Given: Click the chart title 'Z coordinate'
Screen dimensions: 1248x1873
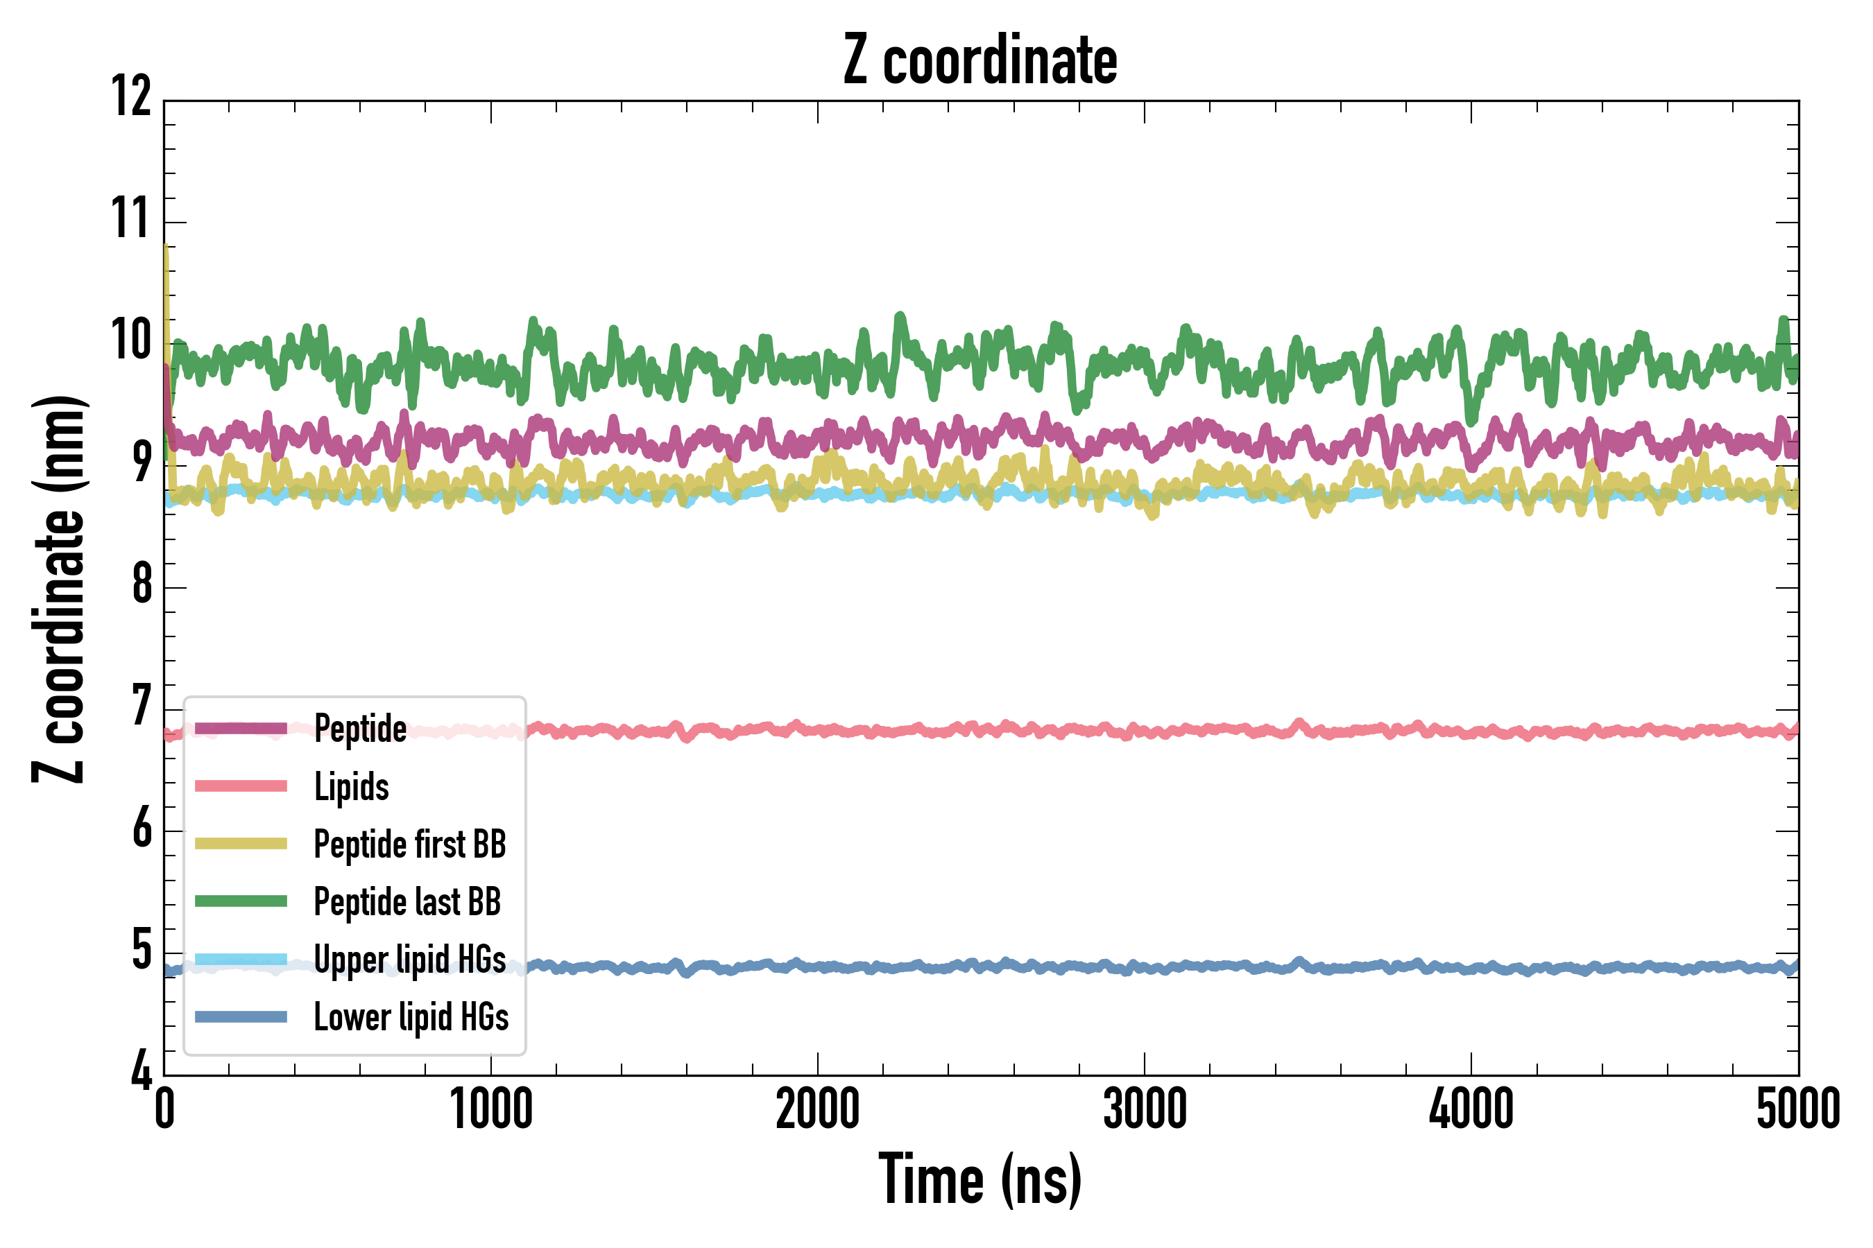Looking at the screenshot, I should click(x=980, y=60).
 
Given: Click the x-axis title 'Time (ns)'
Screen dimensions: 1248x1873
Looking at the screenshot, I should click(x=980, y=1179).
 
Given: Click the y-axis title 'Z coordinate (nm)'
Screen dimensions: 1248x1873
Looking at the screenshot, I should click(x=59, y=589).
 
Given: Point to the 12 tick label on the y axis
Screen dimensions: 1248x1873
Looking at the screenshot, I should click(x=131, y=96).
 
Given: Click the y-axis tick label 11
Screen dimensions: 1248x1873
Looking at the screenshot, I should click(x=131, y=218).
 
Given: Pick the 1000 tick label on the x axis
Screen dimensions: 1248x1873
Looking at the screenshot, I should click(x=491, y=1109).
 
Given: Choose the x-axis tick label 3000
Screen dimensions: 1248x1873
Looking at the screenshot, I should click(x=1145, y=1109).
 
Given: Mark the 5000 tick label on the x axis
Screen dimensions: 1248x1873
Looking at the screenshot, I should click(x=1798, y=1109).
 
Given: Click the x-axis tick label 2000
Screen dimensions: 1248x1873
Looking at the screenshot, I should click(x=818, y=1109).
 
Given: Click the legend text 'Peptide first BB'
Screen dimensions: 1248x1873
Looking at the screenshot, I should click(x=410, y=844).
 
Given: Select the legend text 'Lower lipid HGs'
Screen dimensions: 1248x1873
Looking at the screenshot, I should click(x=411, y=1017).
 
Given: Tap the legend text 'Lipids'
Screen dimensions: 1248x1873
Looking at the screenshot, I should click(x=351, y=786).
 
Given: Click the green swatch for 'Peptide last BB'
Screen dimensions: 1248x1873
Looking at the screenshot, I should click(x=241, y=901).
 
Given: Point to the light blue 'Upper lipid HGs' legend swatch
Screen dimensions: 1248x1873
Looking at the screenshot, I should click(x=241, y=959).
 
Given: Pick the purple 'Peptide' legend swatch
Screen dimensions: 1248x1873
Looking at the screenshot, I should click(x=241, y=728).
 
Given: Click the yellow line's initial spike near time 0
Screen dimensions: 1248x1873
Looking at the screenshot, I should click(x=166, y=263).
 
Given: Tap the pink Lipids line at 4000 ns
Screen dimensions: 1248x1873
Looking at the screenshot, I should click(x=1471, y=731).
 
